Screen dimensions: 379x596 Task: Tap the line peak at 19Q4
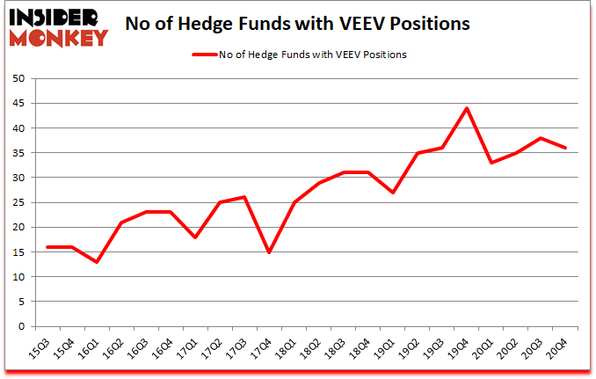coord(467,108)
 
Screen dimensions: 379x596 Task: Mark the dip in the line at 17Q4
coord(269,252)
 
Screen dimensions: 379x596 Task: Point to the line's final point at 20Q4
coord(565,148)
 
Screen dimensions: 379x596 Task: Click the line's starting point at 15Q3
coord(47,247)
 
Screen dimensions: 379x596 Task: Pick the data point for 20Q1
coord(491,163)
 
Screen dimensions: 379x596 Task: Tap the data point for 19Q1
coord(392,193)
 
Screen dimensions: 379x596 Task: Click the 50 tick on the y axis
coord(21,79)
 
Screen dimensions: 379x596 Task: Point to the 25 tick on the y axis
coord(21,203)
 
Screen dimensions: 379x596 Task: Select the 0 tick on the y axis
coord(25,327)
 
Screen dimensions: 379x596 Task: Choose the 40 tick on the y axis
coord(21,128)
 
